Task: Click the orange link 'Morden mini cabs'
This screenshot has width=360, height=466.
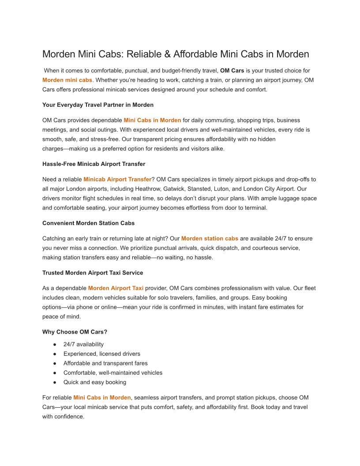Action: pos(67,80)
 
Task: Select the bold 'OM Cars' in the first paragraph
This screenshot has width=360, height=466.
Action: pos(232,71)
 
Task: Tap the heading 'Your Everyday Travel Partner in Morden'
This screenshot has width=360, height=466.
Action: pos(98,105)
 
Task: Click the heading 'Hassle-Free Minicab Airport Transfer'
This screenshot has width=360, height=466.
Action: pos(94,164)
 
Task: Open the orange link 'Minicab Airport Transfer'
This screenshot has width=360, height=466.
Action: pos(117,180)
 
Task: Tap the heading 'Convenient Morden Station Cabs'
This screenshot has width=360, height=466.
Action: pos(89,223)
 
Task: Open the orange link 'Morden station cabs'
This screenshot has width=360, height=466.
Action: pos(210,239)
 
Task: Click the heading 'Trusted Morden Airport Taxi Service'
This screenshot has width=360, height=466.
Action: pos(93,273)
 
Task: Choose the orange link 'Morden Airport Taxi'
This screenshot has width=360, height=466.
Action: pos(116,288)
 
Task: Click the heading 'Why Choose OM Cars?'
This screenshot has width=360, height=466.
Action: pos(75,332)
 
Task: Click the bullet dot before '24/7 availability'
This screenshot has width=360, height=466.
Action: pos(55,345)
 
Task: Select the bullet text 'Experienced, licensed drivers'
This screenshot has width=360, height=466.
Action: pos(102,354)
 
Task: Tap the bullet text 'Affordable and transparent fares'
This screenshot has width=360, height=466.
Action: pos(105,363)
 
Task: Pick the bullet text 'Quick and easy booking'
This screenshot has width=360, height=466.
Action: pos(95,382)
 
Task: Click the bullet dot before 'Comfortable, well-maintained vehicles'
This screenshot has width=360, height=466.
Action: pos(55,373)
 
